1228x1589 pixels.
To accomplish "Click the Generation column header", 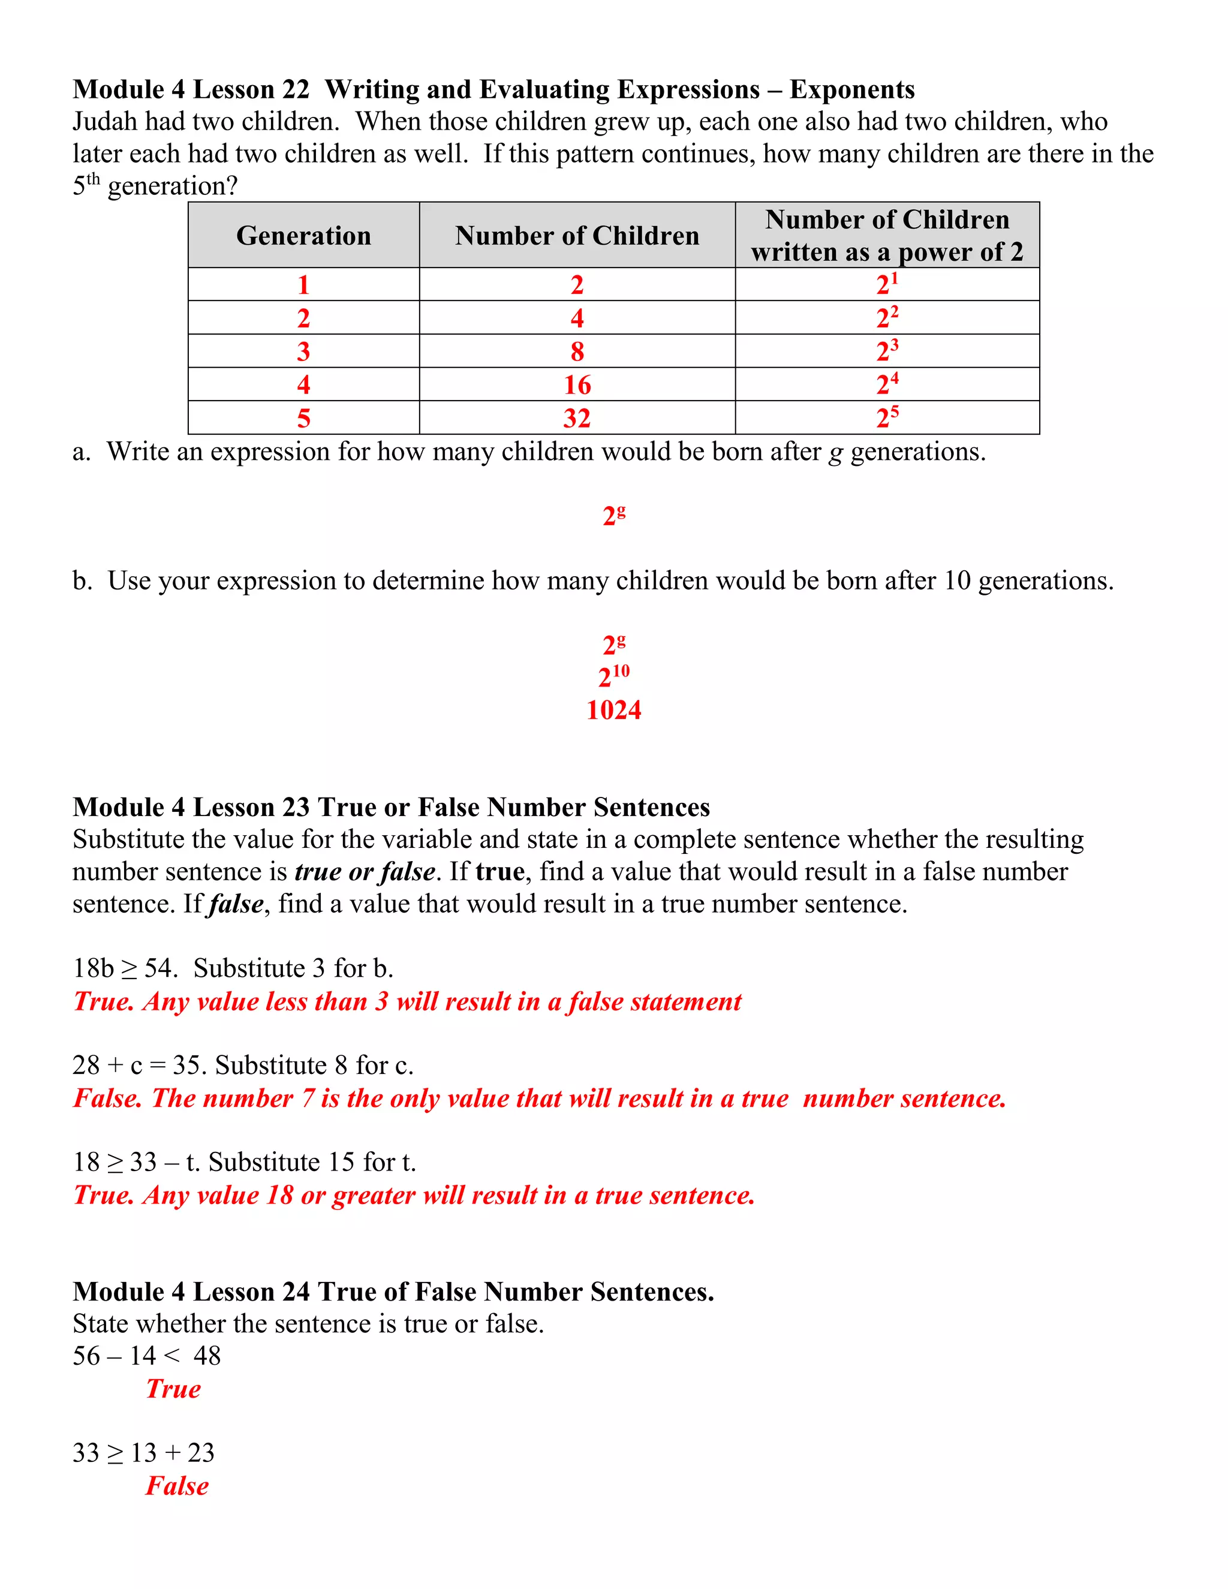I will tap(303, 236).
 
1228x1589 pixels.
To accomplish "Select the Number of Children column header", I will tap(577, 236).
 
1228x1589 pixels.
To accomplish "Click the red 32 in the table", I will tap(577, 419).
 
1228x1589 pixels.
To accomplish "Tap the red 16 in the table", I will tap(577, 385).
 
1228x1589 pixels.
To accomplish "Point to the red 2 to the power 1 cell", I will tap(887, 284).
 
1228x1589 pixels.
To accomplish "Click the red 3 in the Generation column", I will tap(303, 351).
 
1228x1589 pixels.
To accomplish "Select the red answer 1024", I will tap(613, 710).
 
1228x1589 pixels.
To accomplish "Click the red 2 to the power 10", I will tap(613, 676).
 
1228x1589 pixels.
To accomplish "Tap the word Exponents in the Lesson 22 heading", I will tap(852, 89).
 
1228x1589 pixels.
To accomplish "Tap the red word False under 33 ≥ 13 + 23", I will tap(177, 1486).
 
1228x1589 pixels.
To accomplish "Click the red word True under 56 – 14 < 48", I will tap(173, 1389).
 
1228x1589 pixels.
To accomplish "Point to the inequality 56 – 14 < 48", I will tap(146, 1356).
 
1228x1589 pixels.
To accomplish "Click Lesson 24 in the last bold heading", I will tap(252, 1292).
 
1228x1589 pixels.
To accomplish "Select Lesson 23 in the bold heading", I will tap(252, 808).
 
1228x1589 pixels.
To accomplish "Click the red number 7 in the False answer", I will tap(308, 1099).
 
